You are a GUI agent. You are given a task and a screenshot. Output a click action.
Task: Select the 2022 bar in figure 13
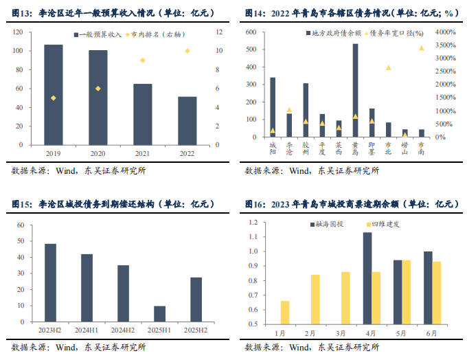coord(187,121)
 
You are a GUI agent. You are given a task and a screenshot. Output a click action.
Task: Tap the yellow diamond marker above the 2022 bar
coord(187,51)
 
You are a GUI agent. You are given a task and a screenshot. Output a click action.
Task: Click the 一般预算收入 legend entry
coord(95,33)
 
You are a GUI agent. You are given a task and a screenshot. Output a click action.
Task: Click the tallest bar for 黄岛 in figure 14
coord(355,90)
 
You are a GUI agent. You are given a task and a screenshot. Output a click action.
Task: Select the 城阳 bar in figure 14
coord(273,106)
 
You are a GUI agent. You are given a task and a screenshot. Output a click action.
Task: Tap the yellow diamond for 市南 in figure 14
coord(421,48)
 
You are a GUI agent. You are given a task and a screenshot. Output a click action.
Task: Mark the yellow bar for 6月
coord(437,292)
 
